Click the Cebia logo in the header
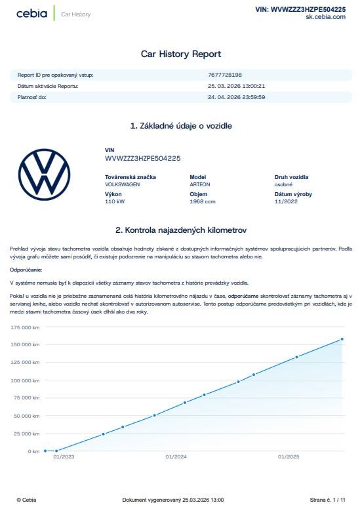click(x=31, y=13)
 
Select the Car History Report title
click(x=181, y=54)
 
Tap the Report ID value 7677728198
click(x=225, y=75)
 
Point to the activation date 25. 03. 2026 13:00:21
click(x=236, y=86)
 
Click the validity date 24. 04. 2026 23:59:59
click(x=236, y=97)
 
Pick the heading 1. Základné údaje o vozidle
click(x=181, y=125)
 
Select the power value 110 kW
click(x=114, y=201)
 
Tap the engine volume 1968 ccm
click(x=202, y=201)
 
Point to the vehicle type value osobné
click(x=283, y=184)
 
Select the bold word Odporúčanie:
click(x=26, y=270)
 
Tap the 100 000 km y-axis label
click(x=26, y=380)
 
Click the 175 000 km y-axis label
click(x=26, y=327)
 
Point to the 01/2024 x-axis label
click(x=176, y=456)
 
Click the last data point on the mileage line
click(x=342, y=339)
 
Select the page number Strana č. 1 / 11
click(x=327, y=499)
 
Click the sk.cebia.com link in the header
click(x=325, y=17)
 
